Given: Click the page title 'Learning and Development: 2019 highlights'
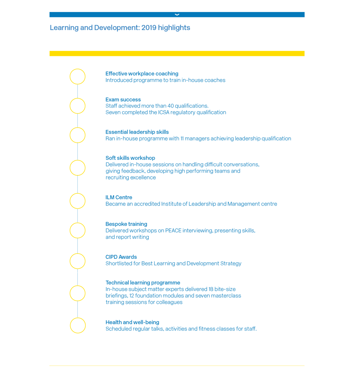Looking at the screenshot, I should coord(120,28).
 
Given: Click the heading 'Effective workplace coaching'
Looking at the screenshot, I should coord(142,73).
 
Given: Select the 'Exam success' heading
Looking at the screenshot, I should coord(123,100).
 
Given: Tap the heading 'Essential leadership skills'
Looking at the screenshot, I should coord(137,132).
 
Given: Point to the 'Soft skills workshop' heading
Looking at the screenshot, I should coord(130,158).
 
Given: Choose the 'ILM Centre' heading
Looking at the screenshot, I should coord(119,197).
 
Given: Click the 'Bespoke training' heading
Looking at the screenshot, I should coord(126,224).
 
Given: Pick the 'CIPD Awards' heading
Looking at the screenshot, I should coord(121,257).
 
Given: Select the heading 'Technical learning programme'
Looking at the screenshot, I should coord(143,283).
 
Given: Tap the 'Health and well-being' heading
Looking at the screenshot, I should coord(132,322).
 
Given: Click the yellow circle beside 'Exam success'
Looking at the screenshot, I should coord(77,106).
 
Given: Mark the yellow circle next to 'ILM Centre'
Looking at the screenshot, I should coord(77,201).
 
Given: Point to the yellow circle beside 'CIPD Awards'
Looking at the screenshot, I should coord(77,261).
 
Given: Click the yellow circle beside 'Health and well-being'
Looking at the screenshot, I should coord(77,325).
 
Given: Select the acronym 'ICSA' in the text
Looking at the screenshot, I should coord(164,112).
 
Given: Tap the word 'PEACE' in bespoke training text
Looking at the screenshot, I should coord(173,230).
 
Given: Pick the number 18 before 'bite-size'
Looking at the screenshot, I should coord(211,289).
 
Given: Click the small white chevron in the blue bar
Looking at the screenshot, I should coord(177,14).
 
